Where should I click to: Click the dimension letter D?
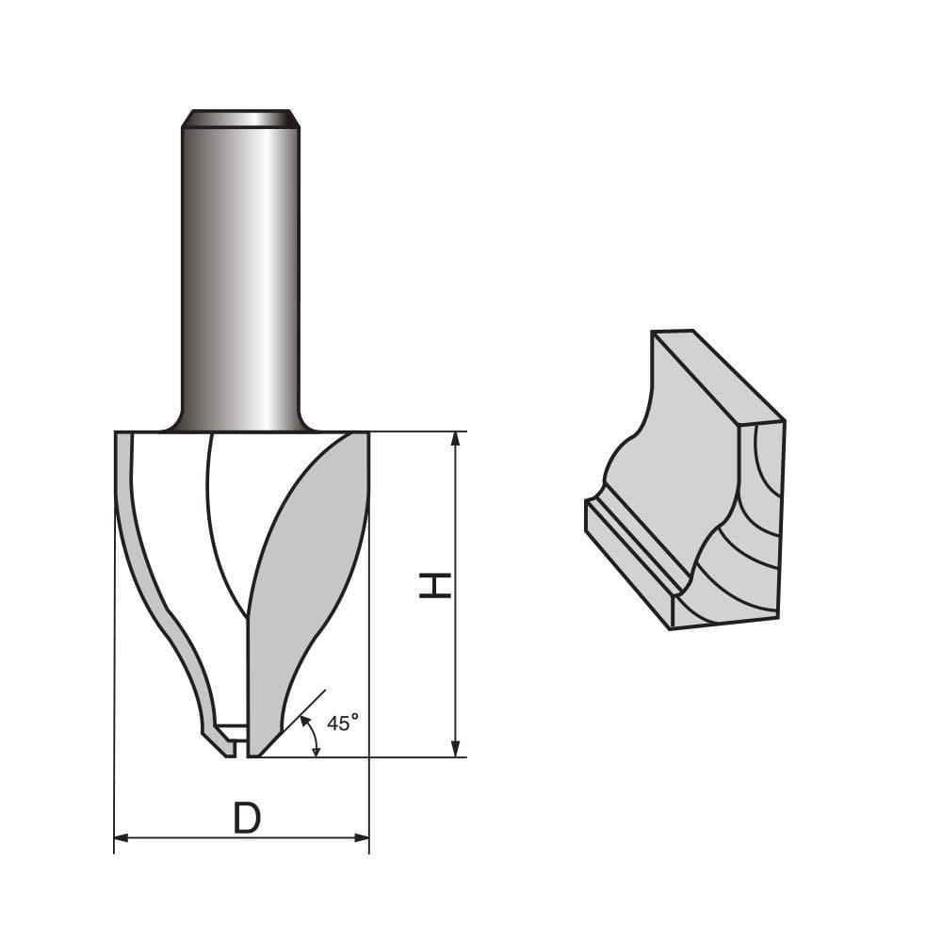point(246,818)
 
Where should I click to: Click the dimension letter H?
point(435,584)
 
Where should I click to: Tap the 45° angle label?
point(342,723)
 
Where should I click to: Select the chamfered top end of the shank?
point(241,119)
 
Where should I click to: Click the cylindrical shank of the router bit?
point(241,273)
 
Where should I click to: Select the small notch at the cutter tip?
point(231,732)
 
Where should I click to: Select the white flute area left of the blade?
point(170,528)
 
